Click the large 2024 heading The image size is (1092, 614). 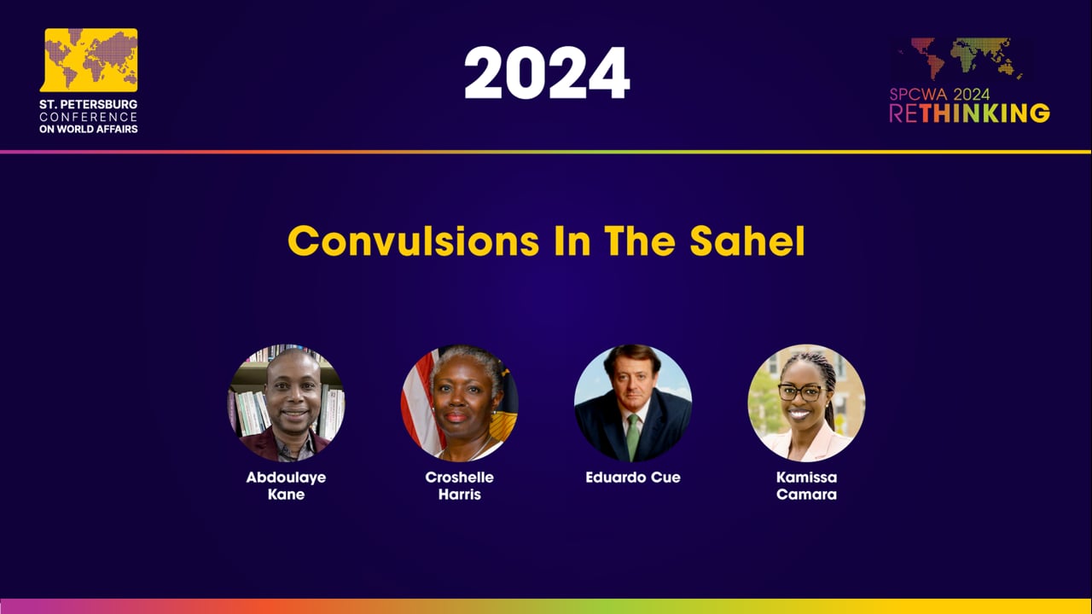coord(547,73)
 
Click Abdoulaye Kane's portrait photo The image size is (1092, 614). coord(286,403)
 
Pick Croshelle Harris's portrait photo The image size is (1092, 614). coord(460,403)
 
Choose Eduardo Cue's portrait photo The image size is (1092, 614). coord(633,403)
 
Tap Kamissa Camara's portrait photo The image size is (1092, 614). coord(806,403)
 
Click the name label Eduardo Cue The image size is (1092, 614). coord(633,478)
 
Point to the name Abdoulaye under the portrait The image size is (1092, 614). coord(286,478)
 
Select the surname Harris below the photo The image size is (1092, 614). coord(460,495)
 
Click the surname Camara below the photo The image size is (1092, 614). coord(806,495)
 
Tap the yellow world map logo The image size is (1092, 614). coord(90,60)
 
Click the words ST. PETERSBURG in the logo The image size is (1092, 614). coord(88,104)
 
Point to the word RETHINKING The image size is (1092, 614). coord(969,113)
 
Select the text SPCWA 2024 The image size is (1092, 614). coord(939,95)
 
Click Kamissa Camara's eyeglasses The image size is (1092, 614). coord(800,392)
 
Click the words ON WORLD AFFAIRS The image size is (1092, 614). coord(88,129)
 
